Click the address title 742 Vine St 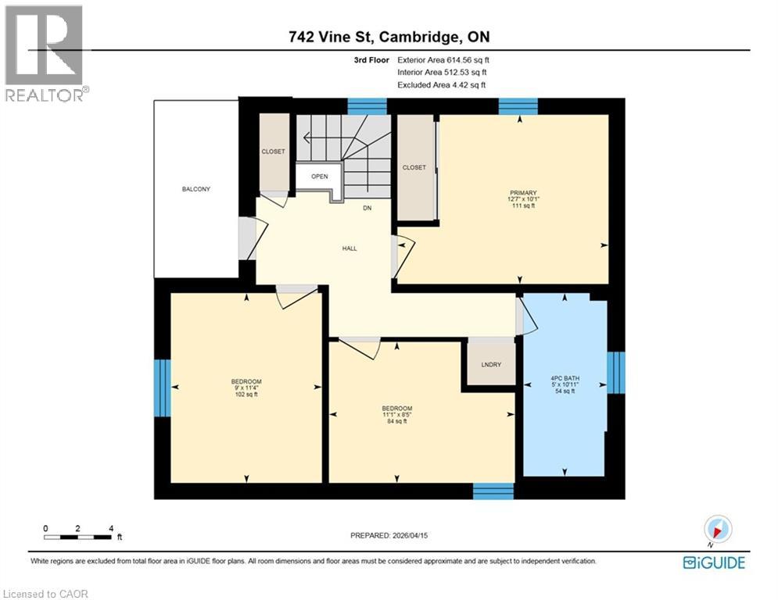(389, 37)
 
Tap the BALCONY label (196, 189)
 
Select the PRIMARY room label (523, 192)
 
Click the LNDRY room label (492, 365)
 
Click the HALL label (349, 248)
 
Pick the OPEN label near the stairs (319, 177)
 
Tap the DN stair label (367, 208)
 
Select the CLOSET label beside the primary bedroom (414, 167)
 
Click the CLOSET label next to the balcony (273, 152)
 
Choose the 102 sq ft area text (246, 395)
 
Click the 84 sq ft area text (397, 422)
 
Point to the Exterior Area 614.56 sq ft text (443, 59)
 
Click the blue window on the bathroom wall (616, 373)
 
